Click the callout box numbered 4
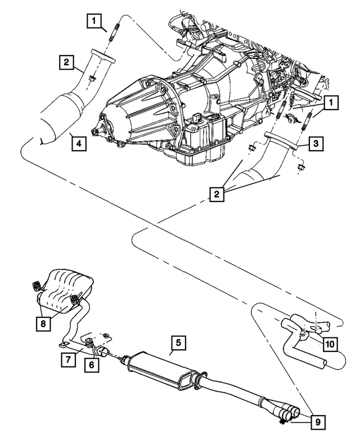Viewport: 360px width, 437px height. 79,144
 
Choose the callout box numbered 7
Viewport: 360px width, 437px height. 67,359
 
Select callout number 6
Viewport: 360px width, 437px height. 89,365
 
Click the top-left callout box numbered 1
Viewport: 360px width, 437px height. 94,21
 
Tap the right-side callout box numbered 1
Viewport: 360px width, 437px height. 331,102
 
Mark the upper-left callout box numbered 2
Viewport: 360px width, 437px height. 66,62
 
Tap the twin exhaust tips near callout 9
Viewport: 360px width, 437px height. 290,415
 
